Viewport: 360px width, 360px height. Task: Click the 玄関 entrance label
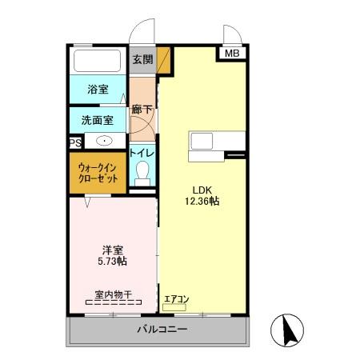142,58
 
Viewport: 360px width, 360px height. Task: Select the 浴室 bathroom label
98,90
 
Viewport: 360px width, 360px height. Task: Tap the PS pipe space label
75,142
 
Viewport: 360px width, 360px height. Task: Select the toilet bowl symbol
143,172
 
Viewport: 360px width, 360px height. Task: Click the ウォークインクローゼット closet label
98,173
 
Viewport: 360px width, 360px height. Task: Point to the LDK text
199,189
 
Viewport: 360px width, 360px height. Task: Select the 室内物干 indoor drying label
113,294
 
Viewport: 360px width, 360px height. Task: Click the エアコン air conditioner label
176,299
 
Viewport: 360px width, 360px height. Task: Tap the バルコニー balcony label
162,329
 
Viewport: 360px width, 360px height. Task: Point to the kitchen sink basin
200,141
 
